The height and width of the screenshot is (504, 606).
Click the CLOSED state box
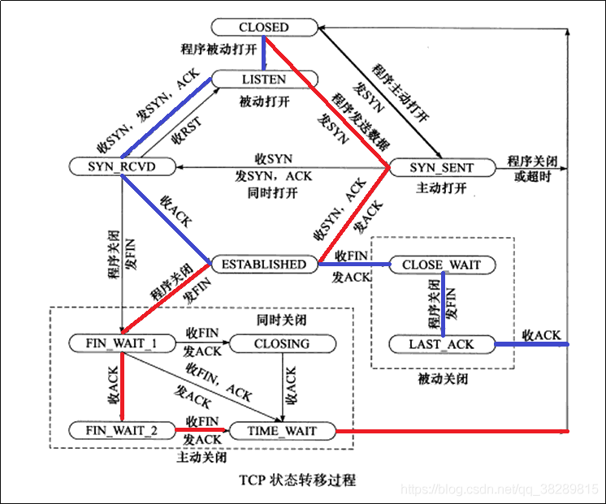[x=263, y=28]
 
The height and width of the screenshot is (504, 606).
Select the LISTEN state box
[x=263, y=80]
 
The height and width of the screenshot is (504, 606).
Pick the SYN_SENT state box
[x=441, y=168]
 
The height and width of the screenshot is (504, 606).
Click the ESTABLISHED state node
[x=263, y=264]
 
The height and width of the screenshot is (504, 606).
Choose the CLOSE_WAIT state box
[x=442, y=265]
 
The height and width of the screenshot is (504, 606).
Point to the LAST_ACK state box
[x=442, y=344]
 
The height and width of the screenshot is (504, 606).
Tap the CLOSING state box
[x=282, y=343]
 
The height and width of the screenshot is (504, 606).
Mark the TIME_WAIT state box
[x=282, y=430]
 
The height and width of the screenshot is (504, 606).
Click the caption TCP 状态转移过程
[x=298, y=480]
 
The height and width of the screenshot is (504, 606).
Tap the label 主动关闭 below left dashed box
[x=201, y=458]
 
